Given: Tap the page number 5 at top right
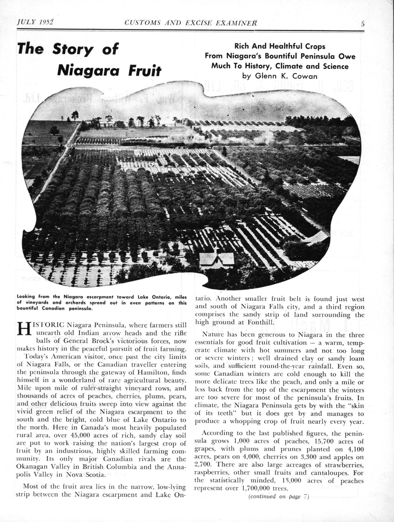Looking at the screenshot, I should pos(363,23).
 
